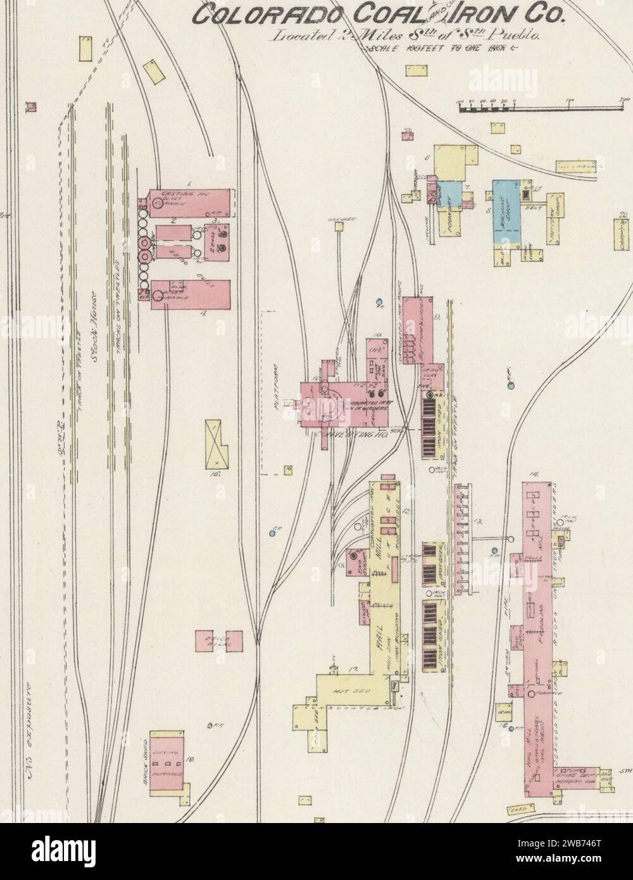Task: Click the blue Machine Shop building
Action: [506, 212]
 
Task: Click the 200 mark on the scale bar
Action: [625, 99]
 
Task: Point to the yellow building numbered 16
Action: [217, 443]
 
